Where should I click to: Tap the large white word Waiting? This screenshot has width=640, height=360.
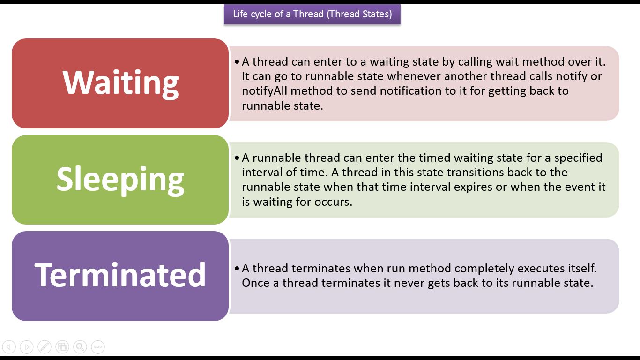[x=120, y=83]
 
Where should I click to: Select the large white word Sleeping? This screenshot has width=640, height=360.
[x=120, y=180]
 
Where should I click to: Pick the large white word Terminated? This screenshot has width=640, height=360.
[x=120, y=275]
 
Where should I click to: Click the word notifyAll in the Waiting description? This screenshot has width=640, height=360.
[x=264, y=91]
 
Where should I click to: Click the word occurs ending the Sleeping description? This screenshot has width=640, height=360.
[x=333, y=202]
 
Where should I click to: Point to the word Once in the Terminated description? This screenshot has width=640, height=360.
[x=256, y=283]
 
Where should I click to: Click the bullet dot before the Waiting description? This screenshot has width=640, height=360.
[x=237, y=61]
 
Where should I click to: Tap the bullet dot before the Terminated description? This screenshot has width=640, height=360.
[x=237, y=268]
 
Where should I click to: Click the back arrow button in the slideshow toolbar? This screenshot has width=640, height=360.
[x=9, y=347]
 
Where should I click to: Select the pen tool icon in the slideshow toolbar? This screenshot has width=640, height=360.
[x=45, y=347]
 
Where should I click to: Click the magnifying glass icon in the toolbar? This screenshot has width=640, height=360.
[x=80, y=347]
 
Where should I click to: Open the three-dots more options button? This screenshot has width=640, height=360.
[x=98, y=347]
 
